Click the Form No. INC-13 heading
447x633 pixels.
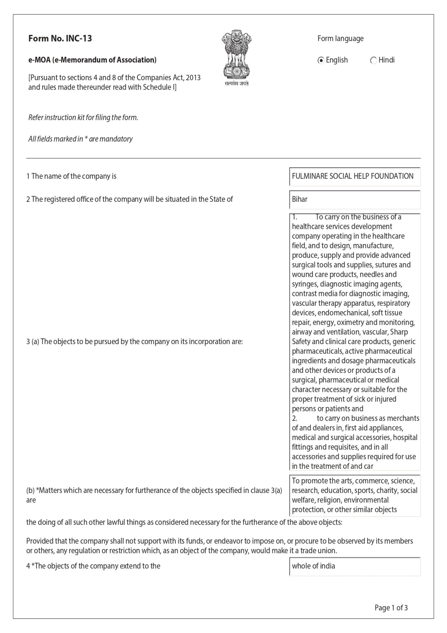click(x=60, y=39)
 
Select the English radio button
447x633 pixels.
click(x=321, y=60)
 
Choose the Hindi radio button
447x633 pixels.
click(x=373, y=60)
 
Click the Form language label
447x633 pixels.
click(x=340, y=39)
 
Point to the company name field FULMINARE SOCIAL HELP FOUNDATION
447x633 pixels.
click(x=354, y=176)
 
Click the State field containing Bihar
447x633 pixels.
click(x=354, y=199)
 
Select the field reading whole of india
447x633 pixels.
click(x=354, y=566)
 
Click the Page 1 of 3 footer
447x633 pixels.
click(x=391, y=608)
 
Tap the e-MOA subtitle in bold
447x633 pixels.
click(x=92, y=60)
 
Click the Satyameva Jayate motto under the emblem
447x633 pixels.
click(x=236, y=84)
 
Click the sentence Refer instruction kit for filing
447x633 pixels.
click(x=83, y=117)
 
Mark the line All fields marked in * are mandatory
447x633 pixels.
click(x=80, y=139)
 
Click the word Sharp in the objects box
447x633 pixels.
click(x=399, y=332)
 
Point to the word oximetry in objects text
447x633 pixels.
click(x=350, y=323)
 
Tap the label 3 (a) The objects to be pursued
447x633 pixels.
click(x=134, y=342)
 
